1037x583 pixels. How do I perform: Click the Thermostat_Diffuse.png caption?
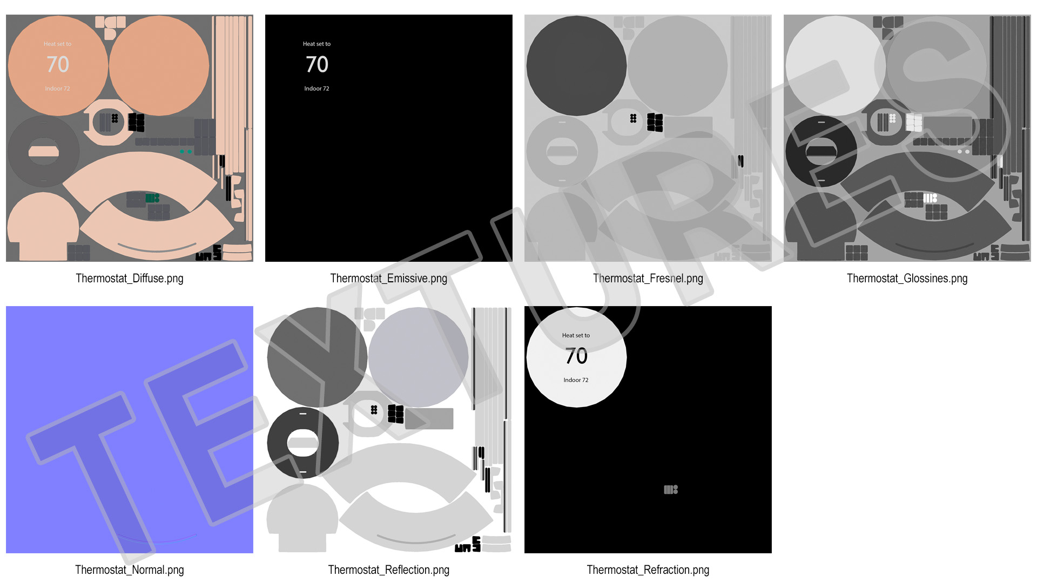pyautogui.click(x=130, y=279)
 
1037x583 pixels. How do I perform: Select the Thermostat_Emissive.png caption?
pyautogui.click(x=389, y=279)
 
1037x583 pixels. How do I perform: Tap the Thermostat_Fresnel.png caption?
pyautogui.click(x=648, y=279)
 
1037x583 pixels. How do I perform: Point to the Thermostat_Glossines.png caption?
pyautogui.click(x=907, y=279)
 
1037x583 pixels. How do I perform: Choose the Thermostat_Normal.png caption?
pyautogui.click(x=130, y=570)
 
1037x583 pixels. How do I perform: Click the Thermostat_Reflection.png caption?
pyautogui.click(x=389, y=570)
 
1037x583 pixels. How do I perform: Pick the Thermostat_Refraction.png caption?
pyautogui.click(x=648, y=570)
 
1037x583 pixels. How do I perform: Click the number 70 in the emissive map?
pyautogui.click(x=317, y=65)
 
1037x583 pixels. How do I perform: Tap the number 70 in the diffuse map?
pyautogui.click(x=58, y=65)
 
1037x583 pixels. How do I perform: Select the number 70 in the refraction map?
pyautogui.click(x=576, y=356)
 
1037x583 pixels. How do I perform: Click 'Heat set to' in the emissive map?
pyautogui.click(x=317, y=44)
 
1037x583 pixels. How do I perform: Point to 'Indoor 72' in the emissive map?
pyautogui.click(x=317, y=89)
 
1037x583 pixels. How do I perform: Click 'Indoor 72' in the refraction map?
pyautogui.click(x=576, y=380)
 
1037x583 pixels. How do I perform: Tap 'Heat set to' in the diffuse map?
pyautogui.click(x=57, y=44)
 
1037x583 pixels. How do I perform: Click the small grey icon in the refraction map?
pyautogui.click(x=671, y=490)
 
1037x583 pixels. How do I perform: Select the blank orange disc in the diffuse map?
pyautogui.click(x=159, y=65)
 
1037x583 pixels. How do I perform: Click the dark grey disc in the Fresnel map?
pyautogui.click(x=576, y=65)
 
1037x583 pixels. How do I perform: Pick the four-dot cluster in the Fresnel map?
pyautogui.click(x=633, y=118)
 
